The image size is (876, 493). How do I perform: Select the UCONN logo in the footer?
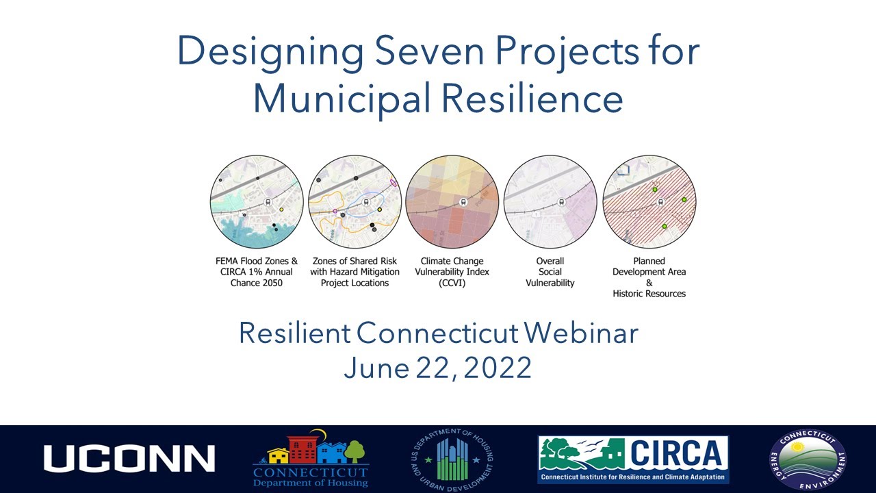129,459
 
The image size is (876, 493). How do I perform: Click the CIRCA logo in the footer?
633,459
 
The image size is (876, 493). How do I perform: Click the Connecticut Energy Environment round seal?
808,459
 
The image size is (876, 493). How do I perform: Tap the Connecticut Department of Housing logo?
310,459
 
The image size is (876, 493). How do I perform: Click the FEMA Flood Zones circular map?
257,201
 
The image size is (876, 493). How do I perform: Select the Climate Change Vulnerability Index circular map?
452,201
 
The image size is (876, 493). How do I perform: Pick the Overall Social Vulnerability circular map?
550,201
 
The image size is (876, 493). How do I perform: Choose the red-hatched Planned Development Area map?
649,201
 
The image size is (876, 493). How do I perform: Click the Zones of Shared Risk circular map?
355,201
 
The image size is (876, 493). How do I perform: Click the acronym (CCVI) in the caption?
452,283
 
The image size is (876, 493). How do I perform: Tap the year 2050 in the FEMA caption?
269,283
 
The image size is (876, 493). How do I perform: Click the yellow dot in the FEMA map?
281,210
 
